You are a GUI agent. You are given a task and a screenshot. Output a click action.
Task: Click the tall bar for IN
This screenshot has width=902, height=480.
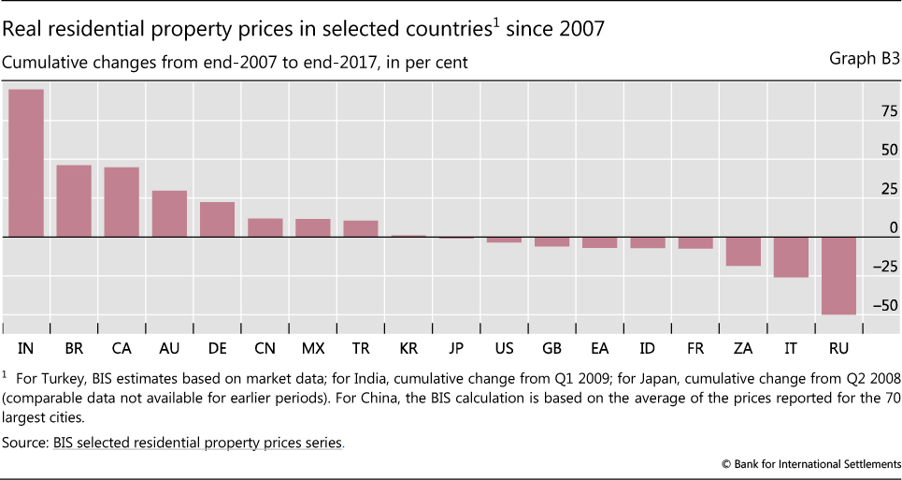[x=26, y=163]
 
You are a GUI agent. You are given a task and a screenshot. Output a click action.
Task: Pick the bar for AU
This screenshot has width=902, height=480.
[x=169, y=213]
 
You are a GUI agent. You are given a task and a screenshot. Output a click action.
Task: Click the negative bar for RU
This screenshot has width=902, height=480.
[x=833, y=275]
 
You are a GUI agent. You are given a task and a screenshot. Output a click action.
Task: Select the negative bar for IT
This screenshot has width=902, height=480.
[x=791, y=256]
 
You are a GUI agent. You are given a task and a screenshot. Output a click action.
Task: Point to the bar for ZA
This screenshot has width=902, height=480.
[x=743, y=251]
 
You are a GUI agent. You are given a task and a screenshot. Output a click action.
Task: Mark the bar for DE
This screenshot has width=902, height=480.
[x=217, y=219]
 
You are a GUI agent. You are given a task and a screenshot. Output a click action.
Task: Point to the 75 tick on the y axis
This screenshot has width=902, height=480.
[x=888, y=110]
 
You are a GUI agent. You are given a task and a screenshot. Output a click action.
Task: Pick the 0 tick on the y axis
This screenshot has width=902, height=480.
[x=894, y=227]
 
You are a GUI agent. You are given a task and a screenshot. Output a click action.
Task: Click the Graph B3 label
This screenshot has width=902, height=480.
[x=864, y=58]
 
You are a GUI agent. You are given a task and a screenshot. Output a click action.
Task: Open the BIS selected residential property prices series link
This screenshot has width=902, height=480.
[x=197, y=443]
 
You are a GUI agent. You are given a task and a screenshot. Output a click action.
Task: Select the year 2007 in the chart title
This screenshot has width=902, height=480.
[x=576, y=29]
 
